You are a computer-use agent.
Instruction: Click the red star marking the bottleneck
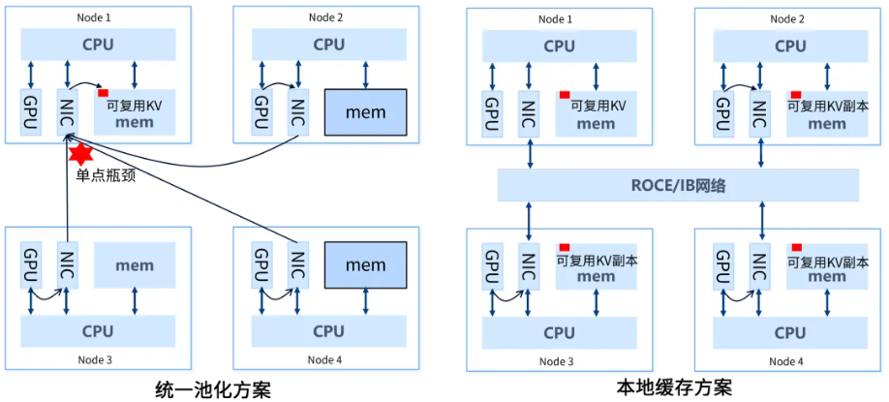[79, 154]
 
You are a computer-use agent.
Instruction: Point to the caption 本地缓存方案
[675, 388]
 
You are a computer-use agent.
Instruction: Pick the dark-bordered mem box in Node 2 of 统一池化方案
[365, 112]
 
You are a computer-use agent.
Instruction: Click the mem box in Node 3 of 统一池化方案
[135, 265]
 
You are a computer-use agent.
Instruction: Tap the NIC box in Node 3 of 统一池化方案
[66, 263]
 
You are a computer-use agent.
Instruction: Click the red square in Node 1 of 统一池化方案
[102, 93]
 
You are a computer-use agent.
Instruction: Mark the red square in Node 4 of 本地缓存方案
[797, 247]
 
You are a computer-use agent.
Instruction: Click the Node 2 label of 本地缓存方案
[789, 18]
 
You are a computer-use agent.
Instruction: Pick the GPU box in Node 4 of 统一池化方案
[261, 263]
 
